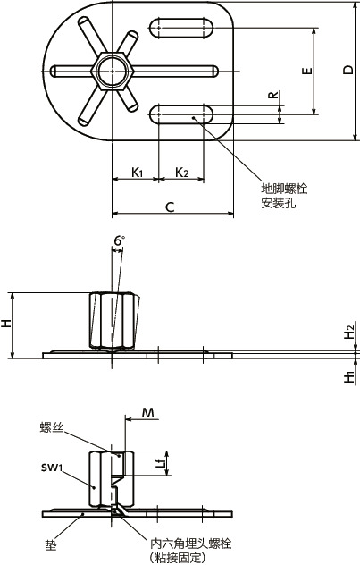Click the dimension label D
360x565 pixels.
347,71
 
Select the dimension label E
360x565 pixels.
306,71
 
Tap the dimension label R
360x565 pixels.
272,95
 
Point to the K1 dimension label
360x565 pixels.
137,171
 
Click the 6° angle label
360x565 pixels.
119,240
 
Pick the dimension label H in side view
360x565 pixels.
6,325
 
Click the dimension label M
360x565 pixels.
149,413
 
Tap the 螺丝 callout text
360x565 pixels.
52,430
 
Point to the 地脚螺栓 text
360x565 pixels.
284,189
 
